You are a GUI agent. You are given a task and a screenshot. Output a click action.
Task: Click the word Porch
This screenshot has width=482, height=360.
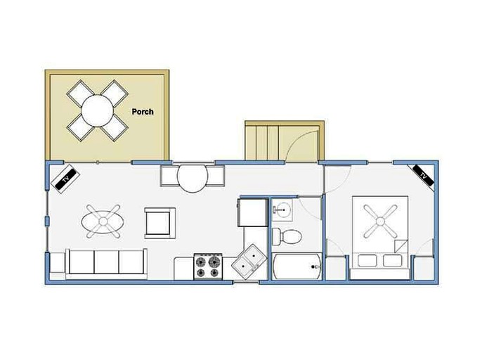point(143,112)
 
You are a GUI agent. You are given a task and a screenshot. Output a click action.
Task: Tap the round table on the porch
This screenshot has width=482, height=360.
point(98,110)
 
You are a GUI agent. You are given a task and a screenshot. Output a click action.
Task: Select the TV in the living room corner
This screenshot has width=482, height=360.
point(65,179)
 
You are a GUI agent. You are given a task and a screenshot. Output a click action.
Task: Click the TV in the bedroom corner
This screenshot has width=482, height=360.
point(423,175)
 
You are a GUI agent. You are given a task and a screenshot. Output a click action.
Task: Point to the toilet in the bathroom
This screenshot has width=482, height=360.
point(287,237)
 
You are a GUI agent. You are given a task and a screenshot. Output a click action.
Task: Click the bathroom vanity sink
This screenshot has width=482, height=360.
point(282,210)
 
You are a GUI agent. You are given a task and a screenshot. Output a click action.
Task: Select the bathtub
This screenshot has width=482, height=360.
point(297,266)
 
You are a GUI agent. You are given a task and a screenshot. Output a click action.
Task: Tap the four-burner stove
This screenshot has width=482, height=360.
point(208,266)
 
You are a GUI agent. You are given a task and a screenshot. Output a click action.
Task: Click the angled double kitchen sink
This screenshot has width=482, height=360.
point(249,262)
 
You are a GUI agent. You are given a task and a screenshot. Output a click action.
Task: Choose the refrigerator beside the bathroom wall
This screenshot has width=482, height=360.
point(253,212)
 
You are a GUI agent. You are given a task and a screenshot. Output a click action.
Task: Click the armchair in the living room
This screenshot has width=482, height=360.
point(160,223)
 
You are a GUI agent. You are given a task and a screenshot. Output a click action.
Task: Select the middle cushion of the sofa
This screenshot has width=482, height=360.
point(106,262)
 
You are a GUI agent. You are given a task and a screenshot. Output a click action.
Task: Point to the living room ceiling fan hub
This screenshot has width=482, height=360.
point(103,221)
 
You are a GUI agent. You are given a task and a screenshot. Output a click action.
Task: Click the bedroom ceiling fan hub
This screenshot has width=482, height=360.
point(380,221)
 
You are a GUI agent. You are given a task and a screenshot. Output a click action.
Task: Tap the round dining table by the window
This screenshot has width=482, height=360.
point(193,177)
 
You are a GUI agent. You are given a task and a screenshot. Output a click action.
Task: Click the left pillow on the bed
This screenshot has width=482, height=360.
point(367,260)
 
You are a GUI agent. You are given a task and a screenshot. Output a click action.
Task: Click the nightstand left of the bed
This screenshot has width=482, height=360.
point(335,268)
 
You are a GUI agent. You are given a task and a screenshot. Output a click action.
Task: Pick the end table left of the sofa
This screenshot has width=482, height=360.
point(57,262)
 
